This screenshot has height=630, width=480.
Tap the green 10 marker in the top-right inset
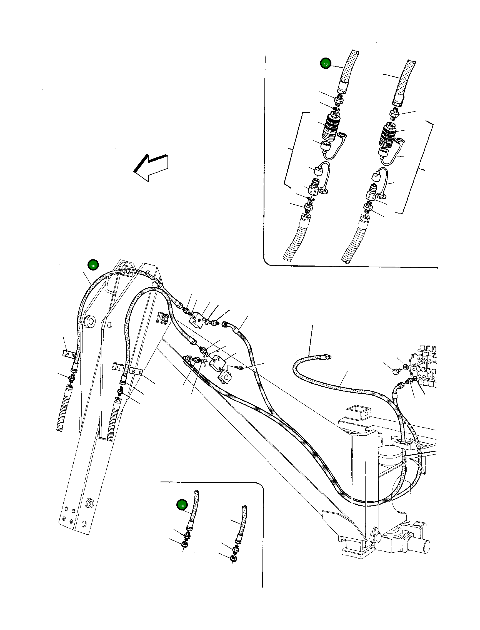(x=325, y=64)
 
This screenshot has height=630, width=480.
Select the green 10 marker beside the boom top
(x=93, y=266)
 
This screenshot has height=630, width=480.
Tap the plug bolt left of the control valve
(x=396, y=372)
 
